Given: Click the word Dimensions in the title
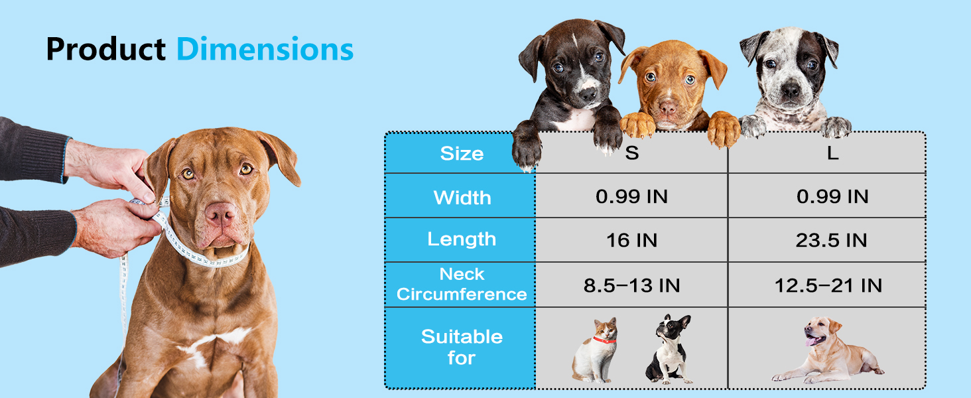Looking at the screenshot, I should (x=265, y=50).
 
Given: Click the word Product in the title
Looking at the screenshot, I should (x=105, y=50).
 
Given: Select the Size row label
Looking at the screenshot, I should (x=462, y=154).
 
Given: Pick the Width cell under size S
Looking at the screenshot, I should (x=631, y=197).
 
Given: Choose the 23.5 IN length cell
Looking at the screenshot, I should (x=831, y=240).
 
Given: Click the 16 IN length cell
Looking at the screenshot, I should (x=631, y=240).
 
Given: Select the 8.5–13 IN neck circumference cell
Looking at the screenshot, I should (x=631, y=285).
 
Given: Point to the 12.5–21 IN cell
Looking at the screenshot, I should (x=828, y=285).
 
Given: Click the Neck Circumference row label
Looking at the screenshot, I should (x=462, y=285).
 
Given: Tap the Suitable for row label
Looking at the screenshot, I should (x=462, y=347).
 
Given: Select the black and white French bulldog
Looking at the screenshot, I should (x=669, y=350).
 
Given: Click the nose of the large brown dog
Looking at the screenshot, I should (x=220, y=213).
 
